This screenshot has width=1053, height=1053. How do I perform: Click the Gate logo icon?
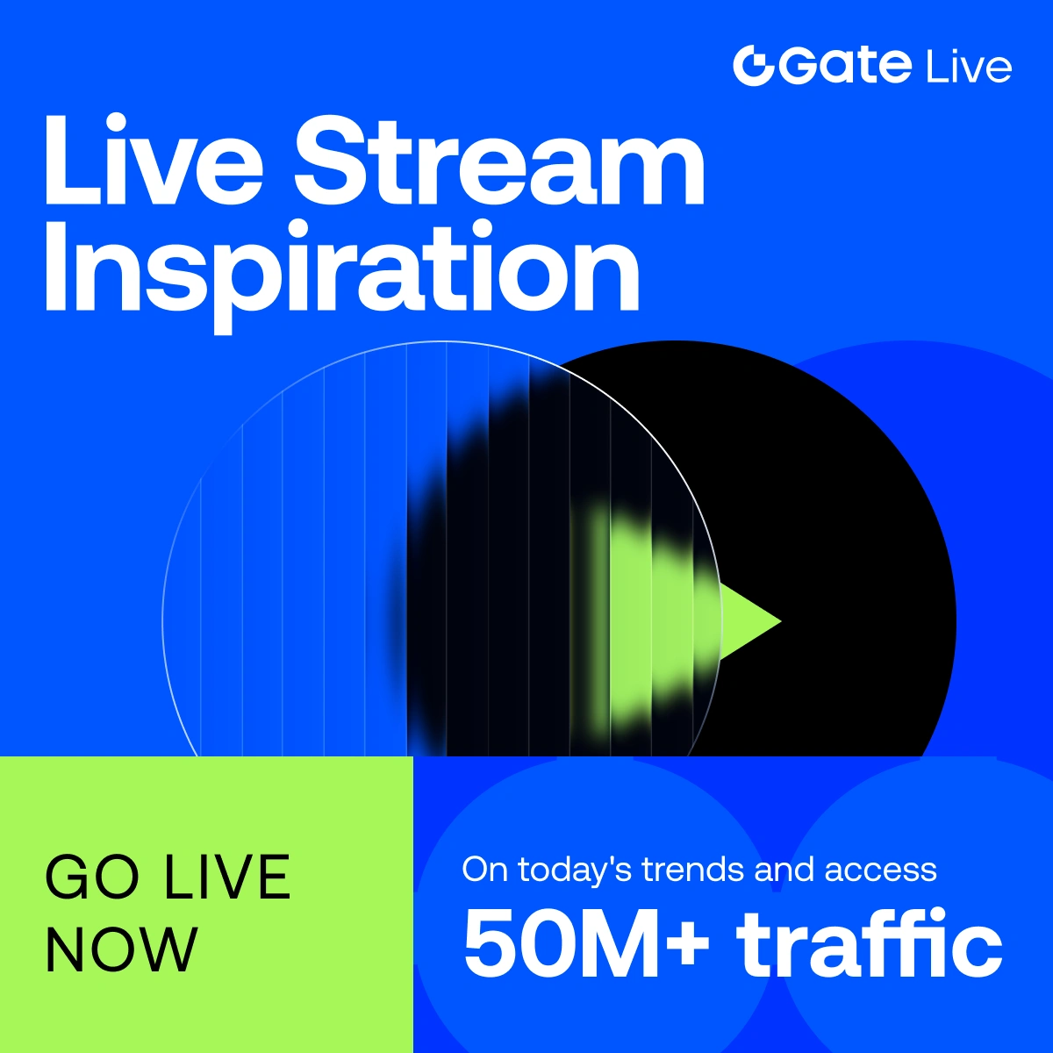point(754,66)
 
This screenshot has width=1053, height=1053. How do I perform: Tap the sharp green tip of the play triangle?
point(781,621)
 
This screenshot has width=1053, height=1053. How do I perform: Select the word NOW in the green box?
point(121,950)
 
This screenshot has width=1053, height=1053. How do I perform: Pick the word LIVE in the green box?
point(227,877)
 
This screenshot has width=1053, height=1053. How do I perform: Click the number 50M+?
point(586,943)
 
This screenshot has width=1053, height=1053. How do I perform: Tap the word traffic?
point(870,942)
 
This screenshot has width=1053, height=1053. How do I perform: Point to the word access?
point(880,872)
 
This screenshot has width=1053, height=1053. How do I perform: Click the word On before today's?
point(485,870)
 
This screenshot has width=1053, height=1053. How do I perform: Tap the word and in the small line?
point(785,870)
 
